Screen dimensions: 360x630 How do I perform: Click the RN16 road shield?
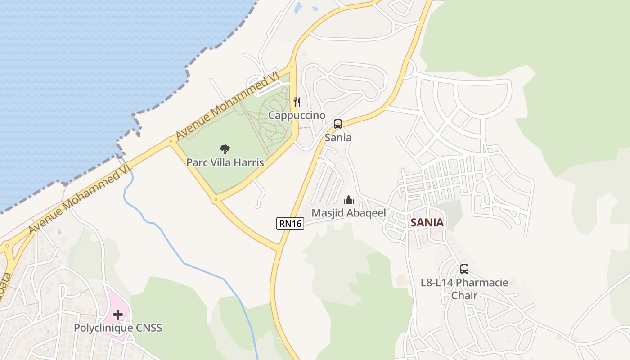tap(290, 223)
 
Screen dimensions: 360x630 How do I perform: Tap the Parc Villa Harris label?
tap(225, 162)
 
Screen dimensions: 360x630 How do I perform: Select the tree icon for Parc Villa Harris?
tap(225, 149)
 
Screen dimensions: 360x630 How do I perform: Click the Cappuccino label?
tap(297, 116)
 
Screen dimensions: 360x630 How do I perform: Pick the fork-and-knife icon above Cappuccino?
tap(297, 102)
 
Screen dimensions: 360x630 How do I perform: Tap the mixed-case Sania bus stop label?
tap(338, 138)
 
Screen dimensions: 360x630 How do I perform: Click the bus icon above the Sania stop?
tap(338, 124)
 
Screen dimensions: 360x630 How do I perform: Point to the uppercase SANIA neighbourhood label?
tap(427, 222)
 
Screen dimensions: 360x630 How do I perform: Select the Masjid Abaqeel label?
tap(349, 213)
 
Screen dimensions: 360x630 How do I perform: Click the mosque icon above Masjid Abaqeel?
tap(349, 200)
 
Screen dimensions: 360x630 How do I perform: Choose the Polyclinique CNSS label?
tap(118, 328)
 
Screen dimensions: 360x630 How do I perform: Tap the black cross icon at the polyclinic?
tap(118, 314)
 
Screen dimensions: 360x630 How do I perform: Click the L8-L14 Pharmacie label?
tap(464, 283)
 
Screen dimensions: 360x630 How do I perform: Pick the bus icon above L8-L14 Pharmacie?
tap(464, 269)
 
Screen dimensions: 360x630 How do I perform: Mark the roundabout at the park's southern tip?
tap(216, 199)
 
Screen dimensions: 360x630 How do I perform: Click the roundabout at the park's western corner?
tap(171, 141)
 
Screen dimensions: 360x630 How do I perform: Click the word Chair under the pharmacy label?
tap(464, 296)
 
